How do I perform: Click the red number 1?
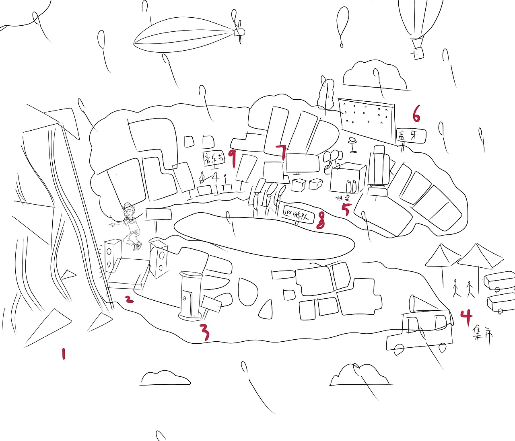63,354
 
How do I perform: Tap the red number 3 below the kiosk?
205,332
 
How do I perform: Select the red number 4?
466,317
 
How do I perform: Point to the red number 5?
345,209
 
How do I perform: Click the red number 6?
416,113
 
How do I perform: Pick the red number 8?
320,220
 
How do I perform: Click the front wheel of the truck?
399,349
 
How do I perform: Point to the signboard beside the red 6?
411,135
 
